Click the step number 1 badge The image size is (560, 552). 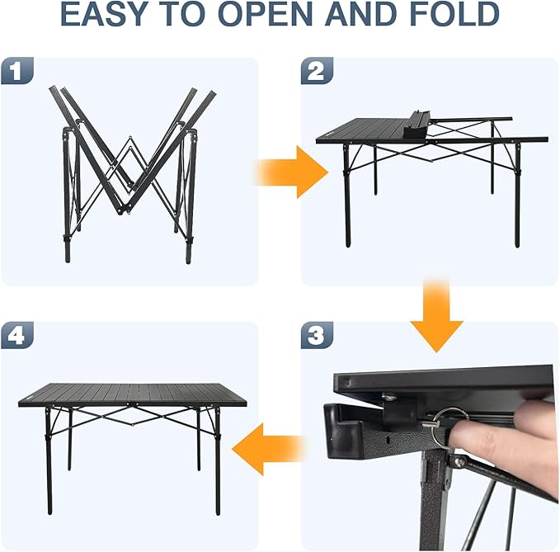[17, 72]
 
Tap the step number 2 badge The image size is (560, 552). [317, 72]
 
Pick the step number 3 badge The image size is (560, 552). [317, 336]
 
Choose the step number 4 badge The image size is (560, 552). [17, 336]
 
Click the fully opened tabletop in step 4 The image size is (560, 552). [132, 394]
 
